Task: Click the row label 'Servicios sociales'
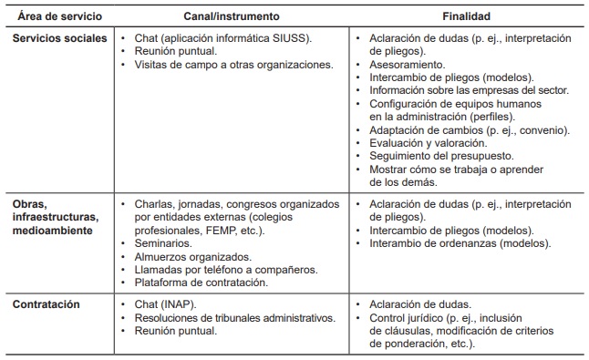61,39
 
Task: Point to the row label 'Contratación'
46,303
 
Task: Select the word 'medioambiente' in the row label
53,230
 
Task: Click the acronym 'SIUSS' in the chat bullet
285,39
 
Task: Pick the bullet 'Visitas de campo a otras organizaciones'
232,66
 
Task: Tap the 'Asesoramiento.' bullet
408,66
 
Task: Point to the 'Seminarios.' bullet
162,243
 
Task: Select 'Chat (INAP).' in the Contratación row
168,303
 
